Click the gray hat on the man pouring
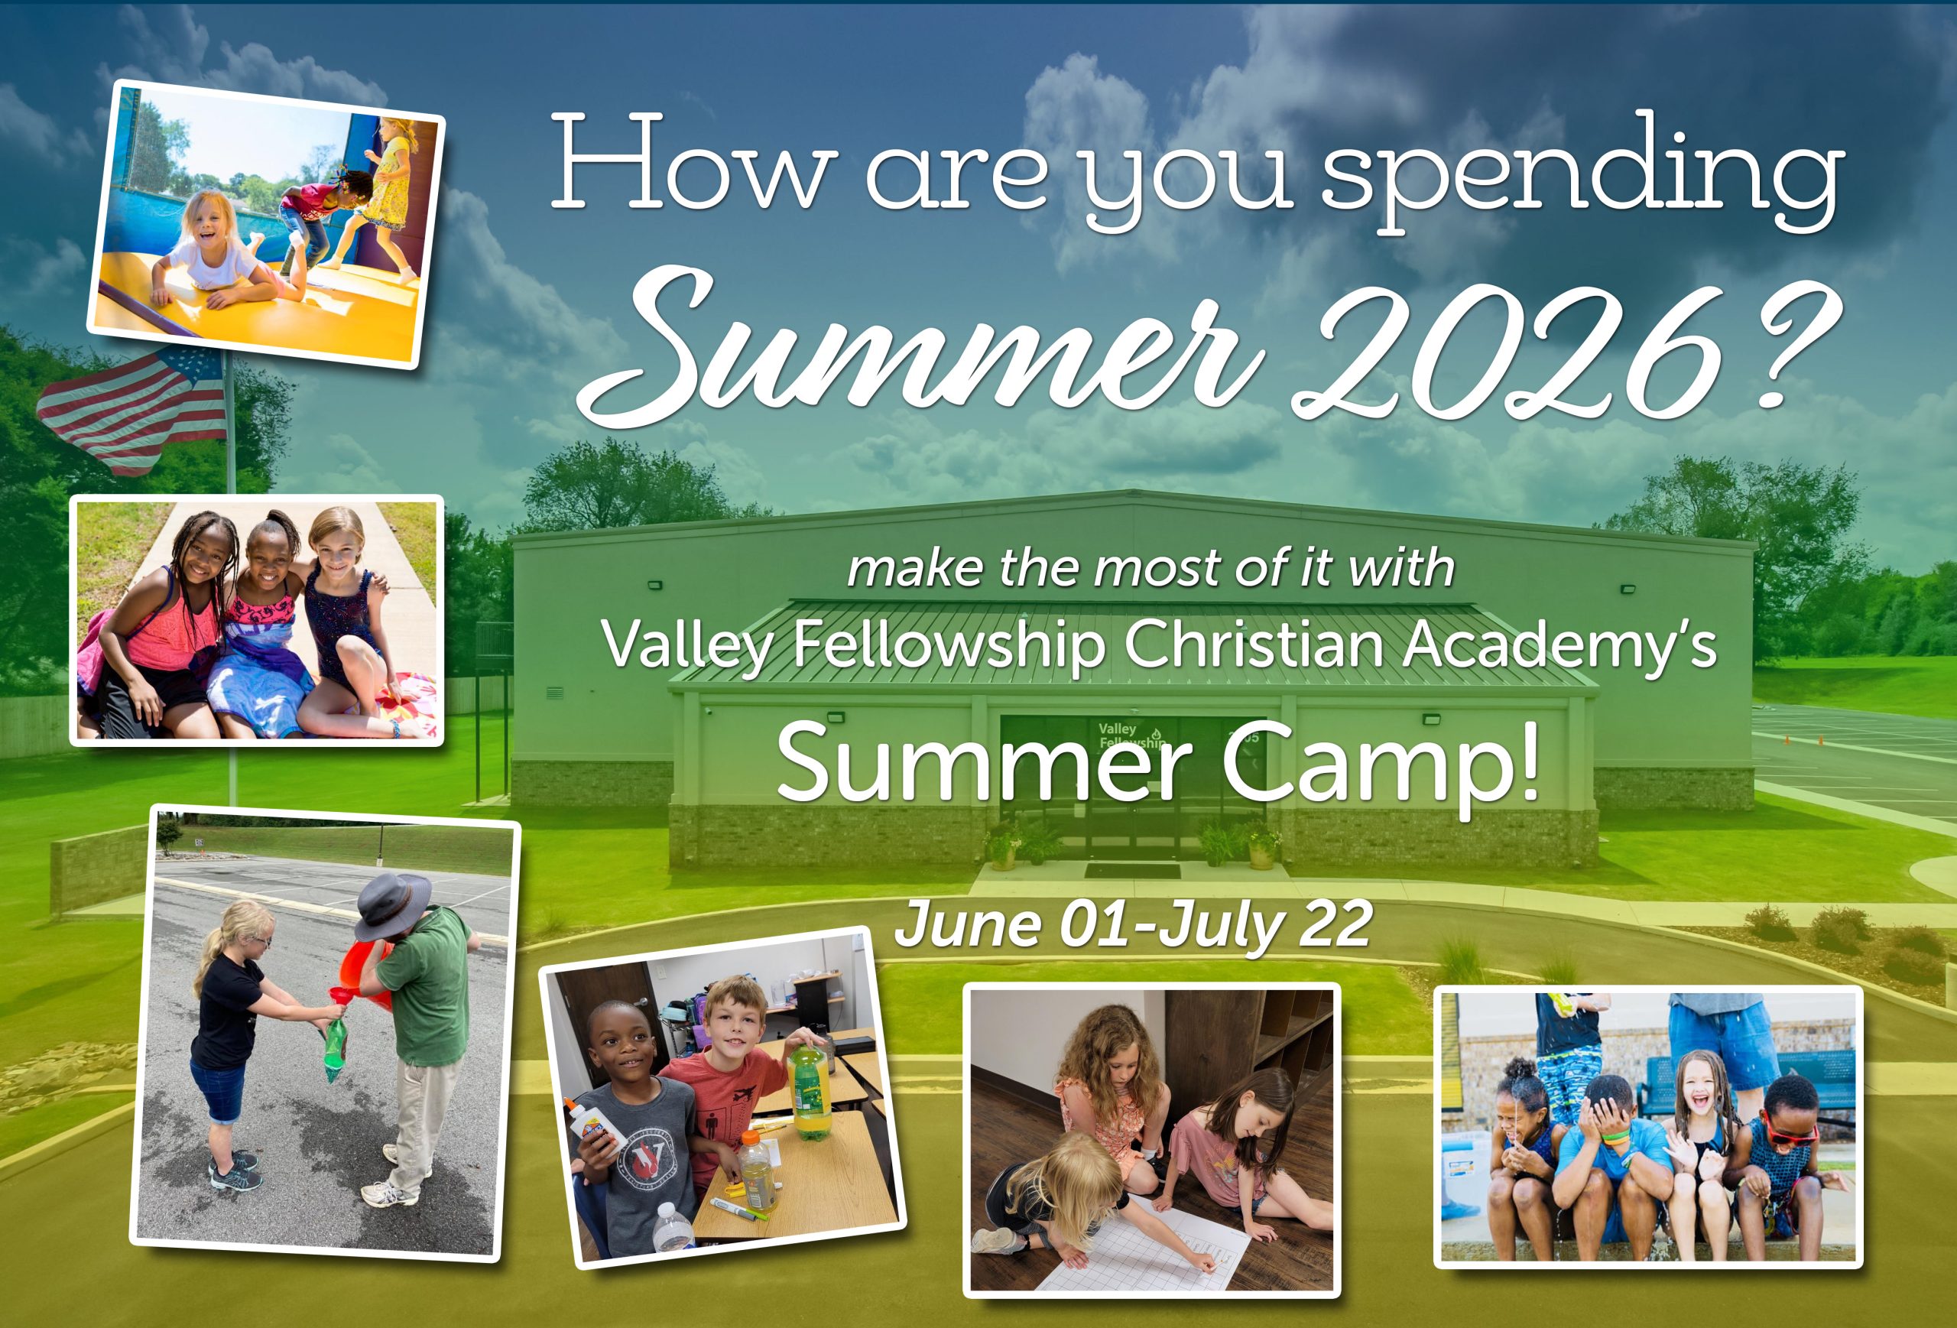pos(393,904)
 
